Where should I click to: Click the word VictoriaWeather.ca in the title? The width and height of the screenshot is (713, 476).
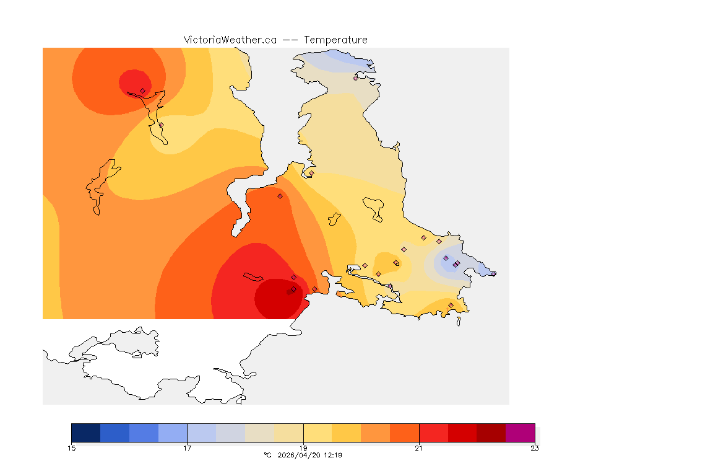pyautogui.click(x=230, y=40)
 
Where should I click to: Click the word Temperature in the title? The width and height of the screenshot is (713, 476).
pyautogui.click(x=335, y=40)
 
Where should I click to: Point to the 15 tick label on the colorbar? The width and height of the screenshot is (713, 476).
pyautogui.click(x=72, y=448)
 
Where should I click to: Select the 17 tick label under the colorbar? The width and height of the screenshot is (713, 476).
pyautogui.click(x=188, y=448)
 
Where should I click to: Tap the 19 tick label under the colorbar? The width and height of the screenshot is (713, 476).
pyautogui.click(x=303, y=448)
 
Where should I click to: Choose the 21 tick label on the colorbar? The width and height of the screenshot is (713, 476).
pyautogui.click(x=419, y=448)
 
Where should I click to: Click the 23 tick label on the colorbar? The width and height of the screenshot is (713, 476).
pyautogui.click(x=534, y=448)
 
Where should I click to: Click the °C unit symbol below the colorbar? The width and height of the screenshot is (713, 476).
pyautogui.click(x=267, y=455)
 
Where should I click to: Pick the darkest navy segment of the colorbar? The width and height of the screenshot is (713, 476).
pyautogui.click(x=86, y=432)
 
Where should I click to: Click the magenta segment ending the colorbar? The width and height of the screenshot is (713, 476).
pyautogui.click(x=520, y=432)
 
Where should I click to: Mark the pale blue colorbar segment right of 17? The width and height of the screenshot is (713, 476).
pyautogui.click(x=202, y=432)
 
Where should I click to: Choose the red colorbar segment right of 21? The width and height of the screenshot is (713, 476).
pyautogui.click(x=433, y=432)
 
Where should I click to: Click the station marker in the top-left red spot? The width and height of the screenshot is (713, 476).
pyautogui.click(x=143, y=90)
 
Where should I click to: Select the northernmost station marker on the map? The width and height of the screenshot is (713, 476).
pyautogui.click(x=356, y=78)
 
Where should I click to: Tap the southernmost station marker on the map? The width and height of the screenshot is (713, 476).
pyautogui.click(x=451, y=305)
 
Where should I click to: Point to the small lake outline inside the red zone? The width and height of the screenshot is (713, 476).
pyautogui.click(x=254, y=276)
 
